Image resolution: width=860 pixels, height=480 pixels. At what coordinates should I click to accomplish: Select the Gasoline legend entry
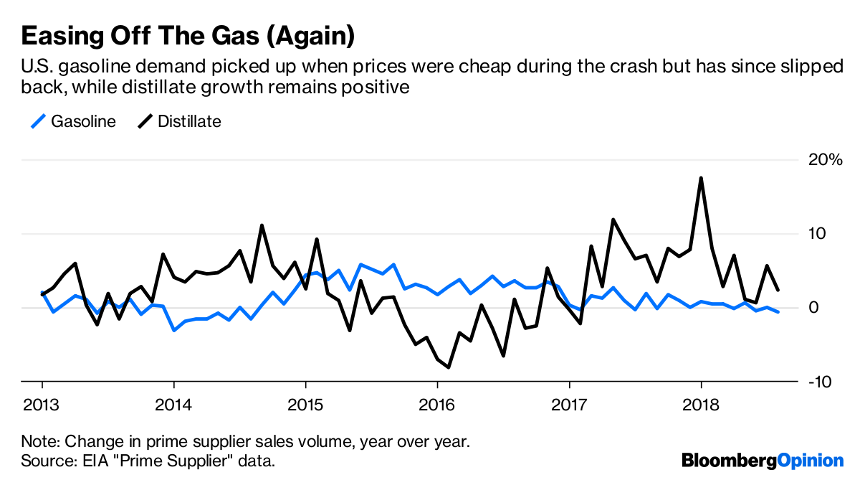[x=73, y=121]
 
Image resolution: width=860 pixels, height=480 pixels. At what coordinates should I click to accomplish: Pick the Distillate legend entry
[x=179, y=121]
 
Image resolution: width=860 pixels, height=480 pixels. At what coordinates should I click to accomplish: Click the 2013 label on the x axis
[x=42, y=405]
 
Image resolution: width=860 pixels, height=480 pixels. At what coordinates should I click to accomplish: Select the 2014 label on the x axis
[x=173, y=405]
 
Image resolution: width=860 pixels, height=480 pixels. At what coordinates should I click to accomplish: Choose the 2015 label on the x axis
[x=305, y=405]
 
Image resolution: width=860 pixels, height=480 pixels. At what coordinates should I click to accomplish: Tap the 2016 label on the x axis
[x=437, y=405]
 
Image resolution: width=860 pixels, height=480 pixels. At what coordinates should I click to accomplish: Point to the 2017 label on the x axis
[x=569, y=405]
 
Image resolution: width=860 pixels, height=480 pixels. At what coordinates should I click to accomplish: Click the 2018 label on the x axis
[x=701, y=405]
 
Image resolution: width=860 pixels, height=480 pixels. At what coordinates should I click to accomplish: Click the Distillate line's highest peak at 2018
[x=701, y=178]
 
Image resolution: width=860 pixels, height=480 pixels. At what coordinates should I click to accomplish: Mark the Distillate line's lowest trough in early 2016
[x=449, y=367]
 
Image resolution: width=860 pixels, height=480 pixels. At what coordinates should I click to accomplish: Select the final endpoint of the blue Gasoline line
[x=778, y=312]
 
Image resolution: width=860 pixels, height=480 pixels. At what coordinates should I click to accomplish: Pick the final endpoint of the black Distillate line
[x=778, y=290]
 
